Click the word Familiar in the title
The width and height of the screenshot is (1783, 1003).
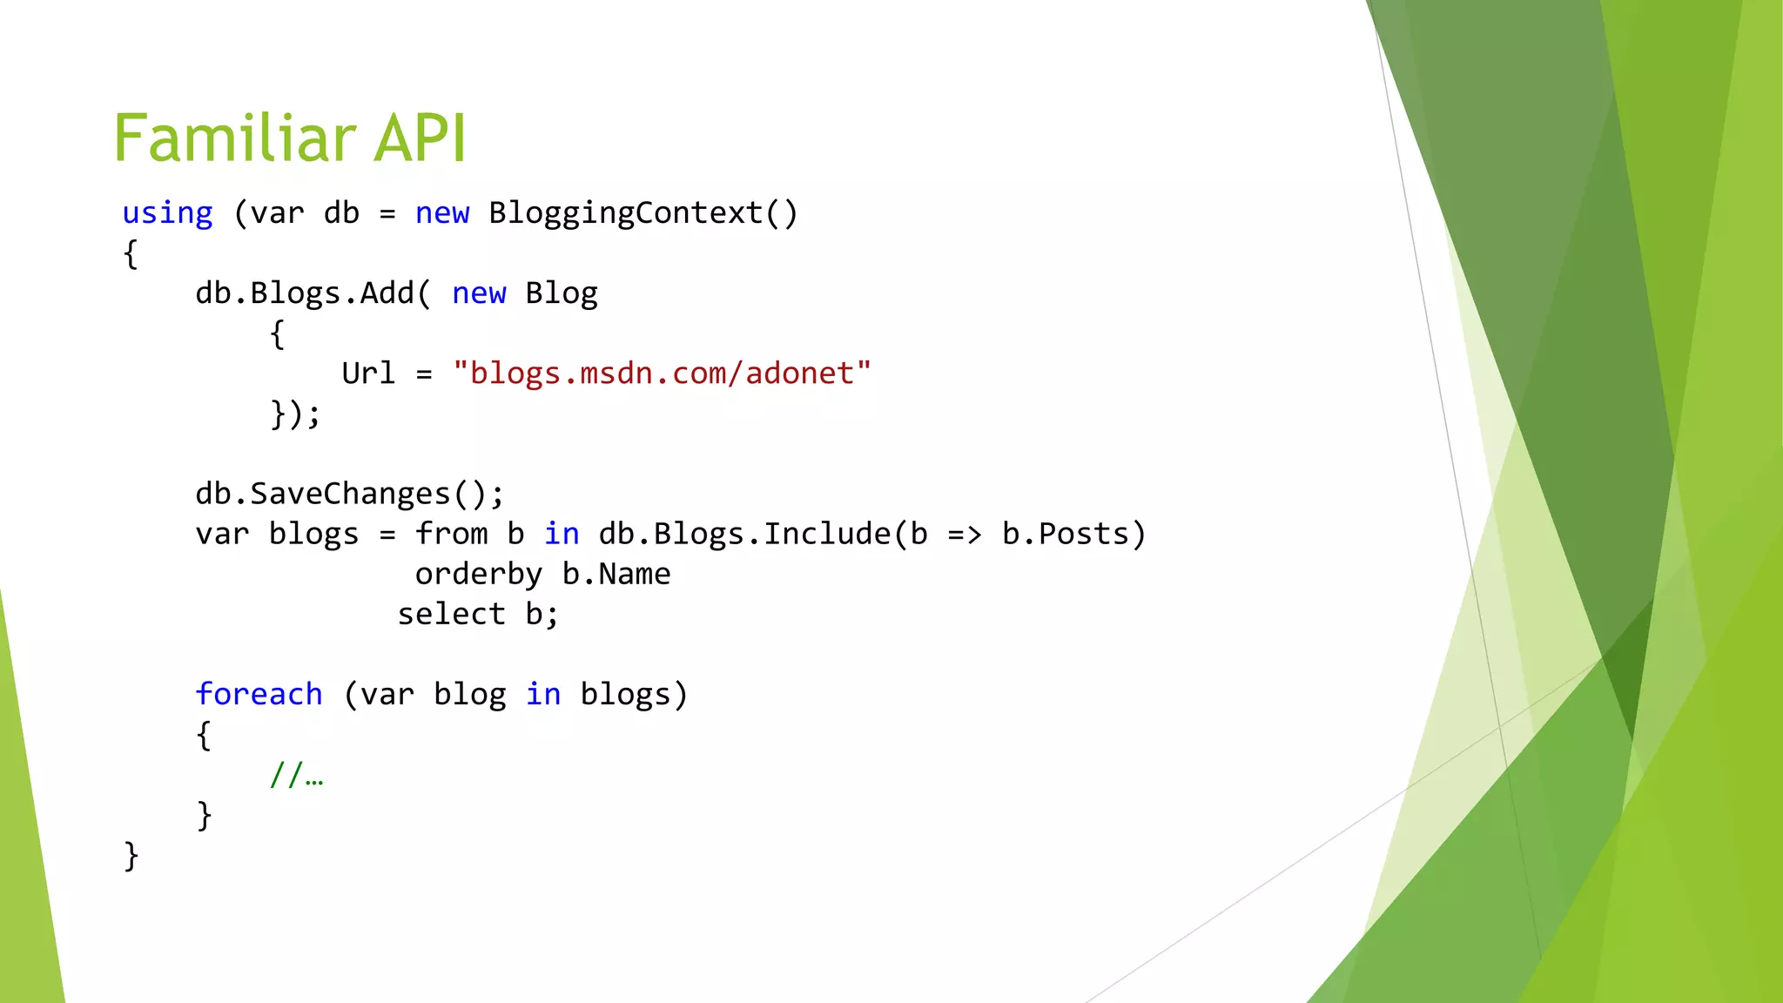click(x=234, y=138)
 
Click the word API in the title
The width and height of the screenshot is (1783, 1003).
click(x=420, y=138)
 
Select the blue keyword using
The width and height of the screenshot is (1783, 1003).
click(x=167, y=213)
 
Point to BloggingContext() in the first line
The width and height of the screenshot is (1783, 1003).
click(x=643, y=213)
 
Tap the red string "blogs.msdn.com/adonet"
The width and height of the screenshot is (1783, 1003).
click(x=662, y=374)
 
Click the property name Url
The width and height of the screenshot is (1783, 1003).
click(x=368, y=374)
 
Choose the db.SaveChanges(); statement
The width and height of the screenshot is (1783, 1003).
click(x=349, y=494)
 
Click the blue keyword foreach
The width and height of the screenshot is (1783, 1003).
click(x=259, y=694)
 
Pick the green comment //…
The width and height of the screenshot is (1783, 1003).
click(x=296, y=774)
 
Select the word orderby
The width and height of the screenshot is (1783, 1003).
click(x=478, y=574)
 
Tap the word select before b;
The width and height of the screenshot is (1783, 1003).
click(x=451, y=614)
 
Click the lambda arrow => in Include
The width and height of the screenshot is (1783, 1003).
click(x=965, y=534)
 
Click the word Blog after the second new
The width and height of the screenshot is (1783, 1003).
click(x=562, y=293)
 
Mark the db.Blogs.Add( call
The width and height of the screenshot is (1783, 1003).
click(x=313, y=293)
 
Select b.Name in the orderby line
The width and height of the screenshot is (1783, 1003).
click(x=616, y=574)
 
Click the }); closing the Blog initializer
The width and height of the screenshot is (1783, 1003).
click(x=295, y=414)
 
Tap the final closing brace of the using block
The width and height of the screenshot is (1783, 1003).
click(x=131, y=855)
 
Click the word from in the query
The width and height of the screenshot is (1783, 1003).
click(x=451, y=534)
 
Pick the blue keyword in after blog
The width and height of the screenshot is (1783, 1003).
click(x=543, y=694)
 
